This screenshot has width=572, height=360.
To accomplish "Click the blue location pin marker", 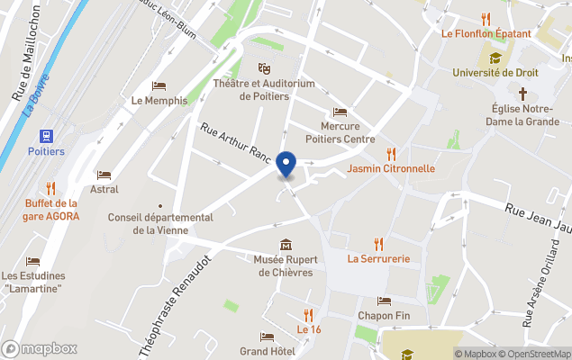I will pyautogui.click(x=286, y=165).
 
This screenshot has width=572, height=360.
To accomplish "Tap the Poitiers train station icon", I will pyautogui.click(x=45, y=135).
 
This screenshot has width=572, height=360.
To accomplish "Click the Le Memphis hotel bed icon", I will pyautogui.click(x=159, y=86).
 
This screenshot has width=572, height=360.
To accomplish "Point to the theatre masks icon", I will pyautogui.click(x=264, y=68).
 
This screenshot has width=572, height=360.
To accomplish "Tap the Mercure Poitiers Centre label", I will pyautogui.click(x=340, y=133).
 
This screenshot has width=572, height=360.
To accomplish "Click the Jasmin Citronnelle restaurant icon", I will pyautogui.click(x=391, y=153).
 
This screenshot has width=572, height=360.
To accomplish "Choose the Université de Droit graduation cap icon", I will pyautogui.click(x=496, y=57).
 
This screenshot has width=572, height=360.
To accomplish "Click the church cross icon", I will pyautogui.click(x=522, y=94).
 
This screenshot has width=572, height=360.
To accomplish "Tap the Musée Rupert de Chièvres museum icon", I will pyautogui.click(x=286, y=245).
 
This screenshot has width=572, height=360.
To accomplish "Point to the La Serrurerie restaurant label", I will pyautogui.click(x=379, y=259).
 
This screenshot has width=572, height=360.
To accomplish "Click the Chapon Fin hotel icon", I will pyautogui.click(x=384, y=301).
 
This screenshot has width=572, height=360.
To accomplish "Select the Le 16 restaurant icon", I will pyautogui.click(x=308, y=314).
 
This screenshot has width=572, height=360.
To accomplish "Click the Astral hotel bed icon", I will pyautogui.click(x=104, y=175).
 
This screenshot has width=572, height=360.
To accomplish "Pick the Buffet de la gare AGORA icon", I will pyautogui.click(x=51, y=188).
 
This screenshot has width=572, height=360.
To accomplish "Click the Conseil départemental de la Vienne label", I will pyautogui.click(x=160, y=223).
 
